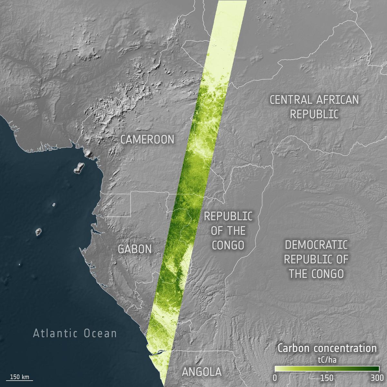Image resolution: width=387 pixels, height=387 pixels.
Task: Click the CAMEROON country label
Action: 147,139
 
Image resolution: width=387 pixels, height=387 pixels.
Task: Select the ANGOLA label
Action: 202,372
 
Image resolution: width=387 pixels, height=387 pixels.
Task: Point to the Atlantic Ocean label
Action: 75,333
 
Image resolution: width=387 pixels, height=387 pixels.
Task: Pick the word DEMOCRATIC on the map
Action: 316,245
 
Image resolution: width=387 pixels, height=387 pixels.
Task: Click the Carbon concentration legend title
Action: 327,348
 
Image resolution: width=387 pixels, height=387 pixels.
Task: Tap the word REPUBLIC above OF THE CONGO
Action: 228,216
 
